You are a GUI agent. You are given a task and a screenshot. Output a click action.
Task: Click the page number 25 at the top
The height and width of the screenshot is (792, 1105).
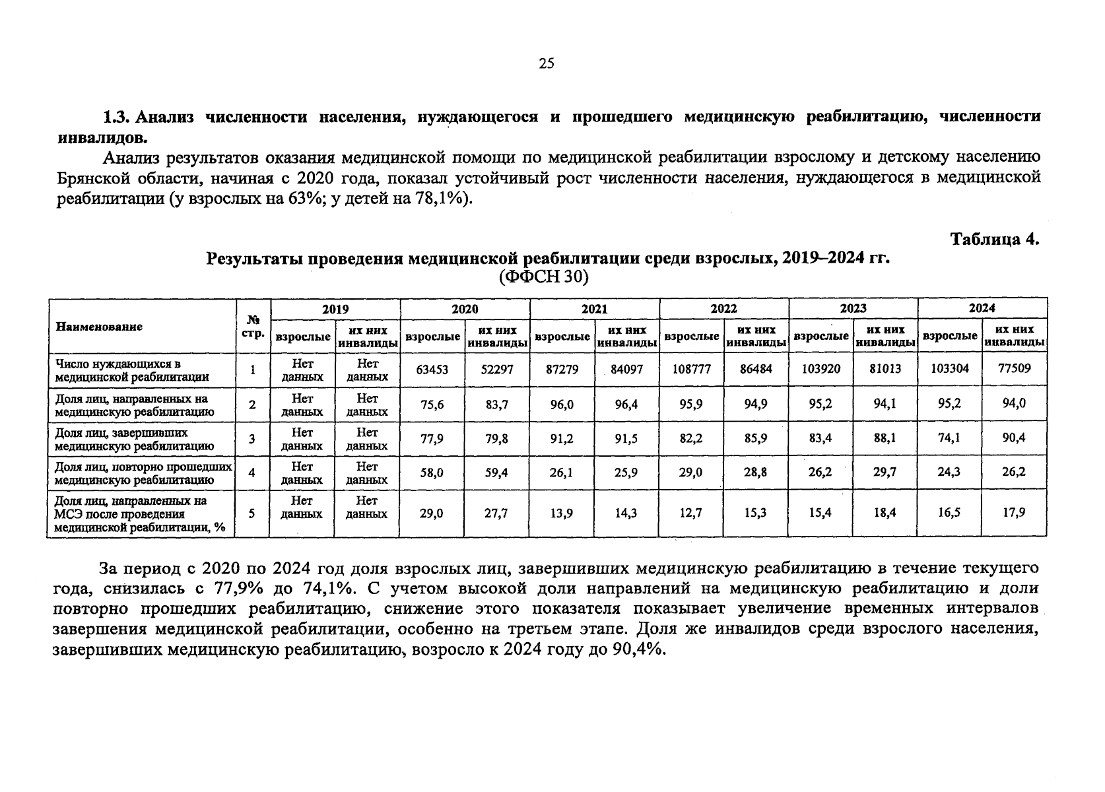547,63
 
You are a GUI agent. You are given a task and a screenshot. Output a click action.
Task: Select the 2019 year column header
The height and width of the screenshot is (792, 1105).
335,309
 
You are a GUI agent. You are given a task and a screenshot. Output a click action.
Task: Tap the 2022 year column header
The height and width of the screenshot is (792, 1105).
723,309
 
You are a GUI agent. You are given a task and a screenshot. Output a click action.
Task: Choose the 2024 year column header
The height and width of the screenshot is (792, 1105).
982,308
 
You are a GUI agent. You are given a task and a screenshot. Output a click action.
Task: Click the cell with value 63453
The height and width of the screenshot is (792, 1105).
432,370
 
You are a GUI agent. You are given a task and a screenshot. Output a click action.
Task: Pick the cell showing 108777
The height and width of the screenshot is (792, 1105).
691,370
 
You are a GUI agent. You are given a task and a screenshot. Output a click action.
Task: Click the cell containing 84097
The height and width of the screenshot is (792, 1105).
626,370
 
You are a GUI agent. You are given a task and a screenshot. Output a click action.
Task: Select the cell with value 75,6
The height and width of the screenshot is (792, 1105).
432,405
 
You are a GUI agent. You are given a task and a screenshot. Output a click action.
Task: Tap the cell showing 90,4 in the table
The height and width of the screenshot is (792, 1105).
1014,438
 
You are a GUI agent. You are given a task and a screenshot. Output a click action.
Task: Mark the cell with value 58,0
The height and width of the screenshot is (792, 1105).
432,473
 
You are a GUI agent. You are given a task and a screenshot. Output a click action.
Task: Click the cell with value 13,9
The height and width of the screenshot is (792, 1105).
561,513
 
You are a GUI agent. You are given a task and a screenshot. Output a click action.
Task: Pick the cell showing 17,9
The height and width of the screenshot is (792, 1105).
1014,511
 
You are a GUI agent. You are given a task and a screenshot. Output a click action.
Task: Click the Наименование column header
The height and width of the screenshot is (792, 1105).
99,327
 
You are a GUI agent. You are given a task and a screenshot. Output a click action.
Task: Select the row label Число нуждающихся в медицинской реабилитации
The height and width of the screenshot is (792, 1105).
133,371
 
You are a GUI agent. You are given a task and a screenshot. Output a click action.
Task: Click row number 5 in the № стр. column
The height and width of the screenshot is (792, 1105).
252,513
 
